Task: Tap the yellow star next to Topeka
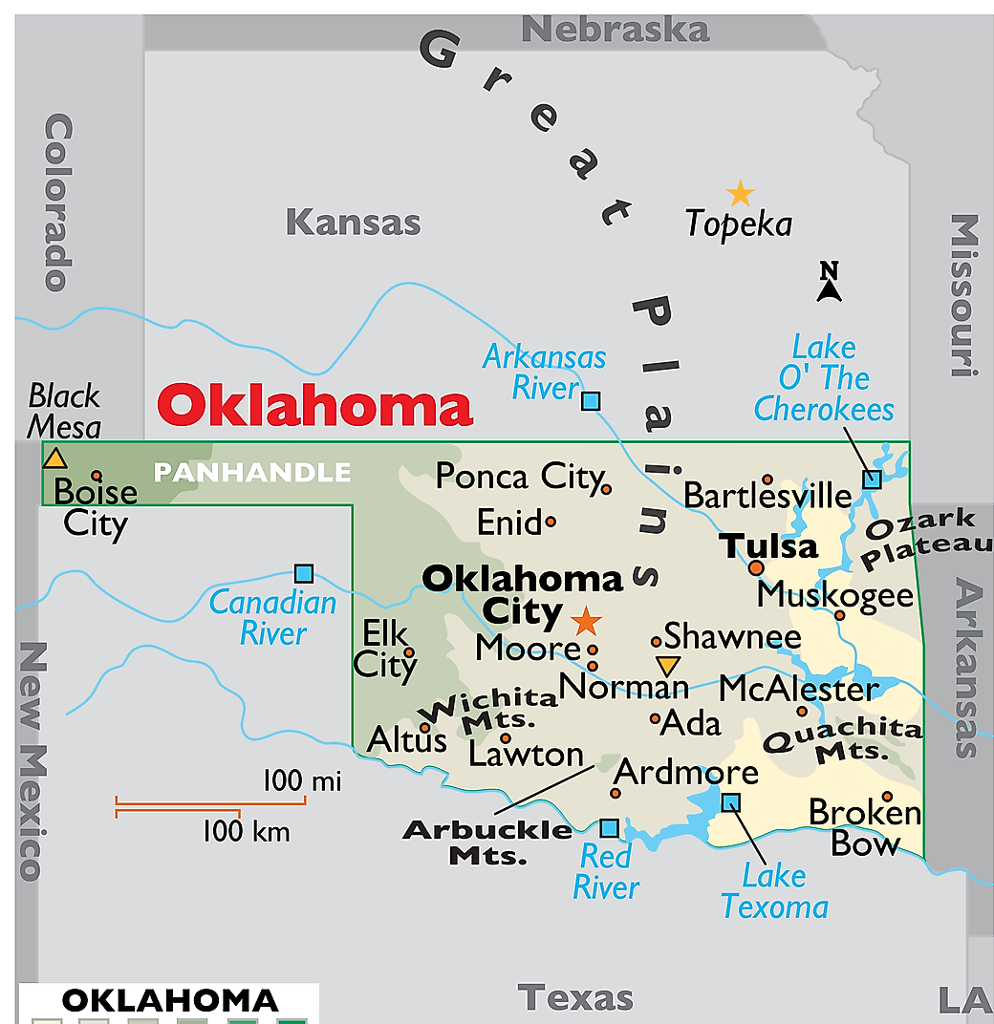(x=740, y=194)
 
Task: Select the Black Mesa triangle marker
(x=55, y=459)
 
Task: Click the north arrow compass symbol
(x=829, y=283)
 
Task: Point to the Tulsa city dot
(x=756, y=567)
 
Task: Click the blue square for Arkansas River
(x=592, y=401)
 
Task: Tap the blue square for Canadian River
(x=304, y=573)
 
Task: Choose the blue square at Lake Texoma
(x=731, y=802)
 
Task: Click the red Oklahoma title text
(x=315, y=407)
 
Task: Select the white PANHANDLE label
(x=252, y=472)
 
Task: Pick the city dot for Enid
(x=551, y=523)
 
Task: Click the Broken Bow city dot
(x=887, y=797)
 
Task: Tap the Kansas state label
(x=353, y=223)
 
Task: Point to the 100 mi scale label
(x=301, y=781)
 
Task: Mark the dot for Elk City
(x=409, y=652)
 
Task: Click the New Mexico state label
(x=32, y=759)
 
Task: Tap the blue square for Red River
(x=609, y=828)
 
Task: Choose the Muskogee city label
(x=835, y=594)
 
